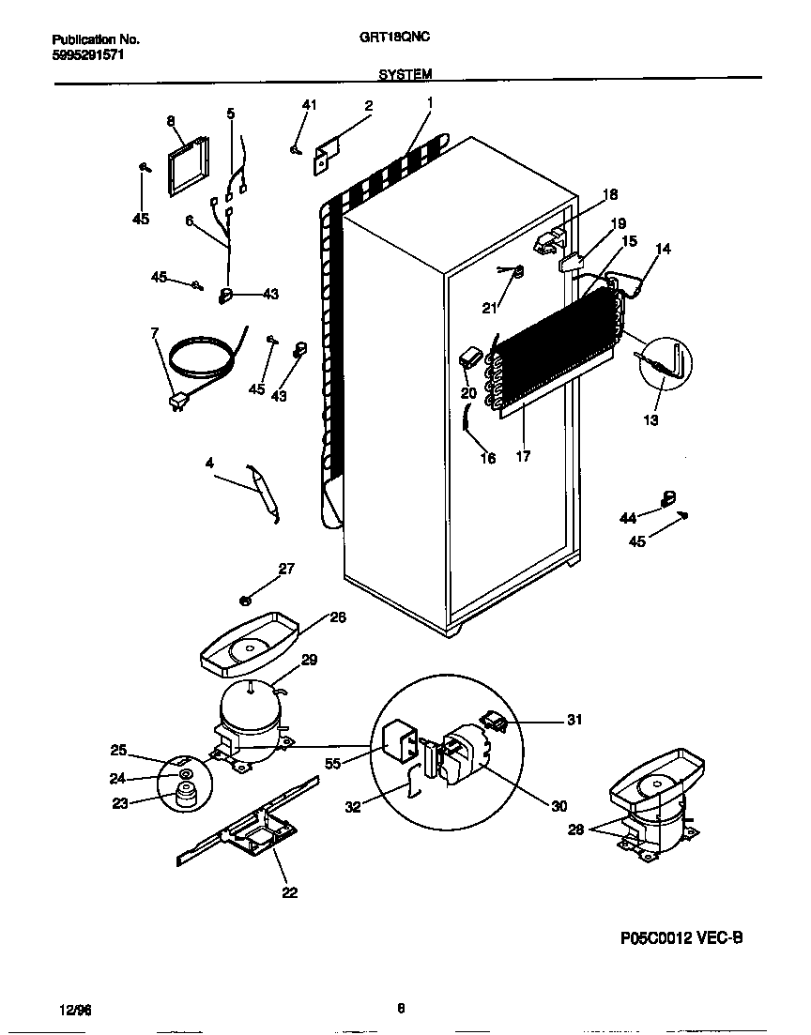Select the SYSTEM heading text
coord(406,74)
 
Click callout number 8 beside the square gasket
coord(171,120)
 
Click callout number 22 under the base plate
coord(289,892)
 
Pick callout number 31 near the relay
coord(574,720)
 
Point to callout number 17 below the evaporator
coord(523,457)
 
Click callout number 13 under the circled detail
coord(650,419)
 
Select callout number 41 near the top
coord(309,105)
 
